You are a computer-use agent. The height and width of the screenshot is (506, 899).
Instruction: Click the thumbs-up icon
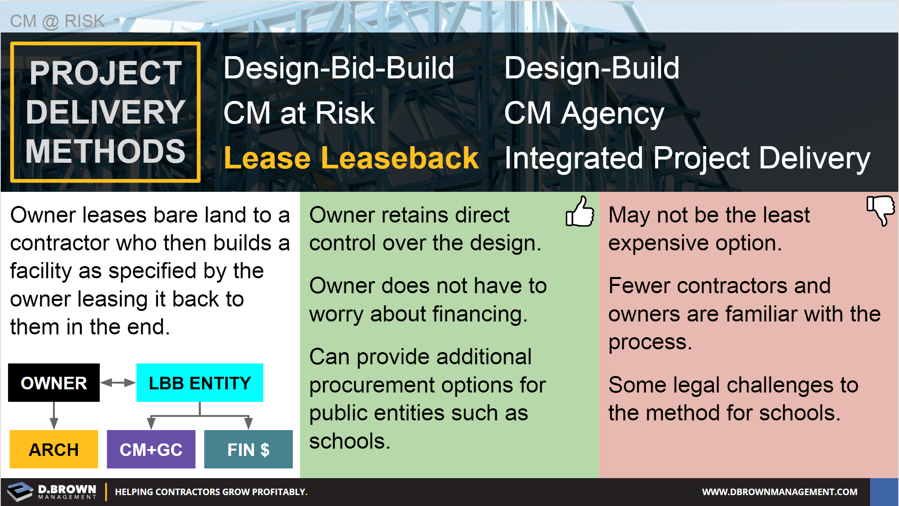coord(580,212)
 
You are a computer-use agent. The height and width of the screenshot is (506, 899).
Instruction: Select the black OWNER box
coord(54,382)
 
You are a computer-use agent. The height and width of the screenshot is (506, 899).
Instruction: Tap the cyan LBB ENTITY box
coord(200,382)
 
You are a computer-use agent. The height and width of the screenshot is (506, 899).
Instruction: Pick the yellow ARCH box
coord(54,449)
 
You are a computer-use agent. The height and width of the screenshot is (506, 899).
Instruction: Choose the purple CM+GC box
coord(151,449)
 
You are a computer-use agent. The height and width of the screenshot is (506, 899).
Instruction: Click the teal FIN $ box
coord(248,449)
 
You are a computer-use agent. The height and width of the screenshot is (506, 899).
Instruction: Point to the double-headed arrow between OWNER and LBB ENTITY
coord(118,382)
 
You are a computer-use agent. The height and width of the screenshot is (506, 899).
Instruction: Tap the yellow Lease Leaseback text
coord(351,158)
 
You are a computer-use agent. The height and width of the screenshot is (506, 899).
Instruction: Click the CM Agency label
coord(584,114)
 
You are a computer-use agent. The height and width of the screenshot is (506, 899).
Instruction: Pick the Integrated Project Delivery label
coord(687,159)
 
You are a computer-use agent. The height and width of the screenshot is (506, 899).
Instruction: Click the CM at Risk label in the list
coord(299,113)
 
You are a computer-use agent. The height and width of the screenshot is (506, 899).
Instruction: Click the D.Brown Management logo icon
coord(20,491)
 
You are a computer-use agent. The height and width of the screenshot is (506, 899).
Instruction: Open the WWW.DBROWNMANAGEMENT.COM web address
coord(779,492)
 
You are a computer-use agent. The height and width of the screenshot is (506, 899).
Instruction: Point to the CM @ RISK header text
coord(57,21)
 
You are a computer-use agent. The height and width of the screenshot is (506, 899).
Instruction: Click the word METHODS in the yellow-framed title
coord(105,151)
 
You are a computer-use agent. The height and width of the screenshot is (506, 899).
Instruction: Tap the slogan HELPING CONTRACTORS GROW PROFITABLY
coord(211,492)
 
